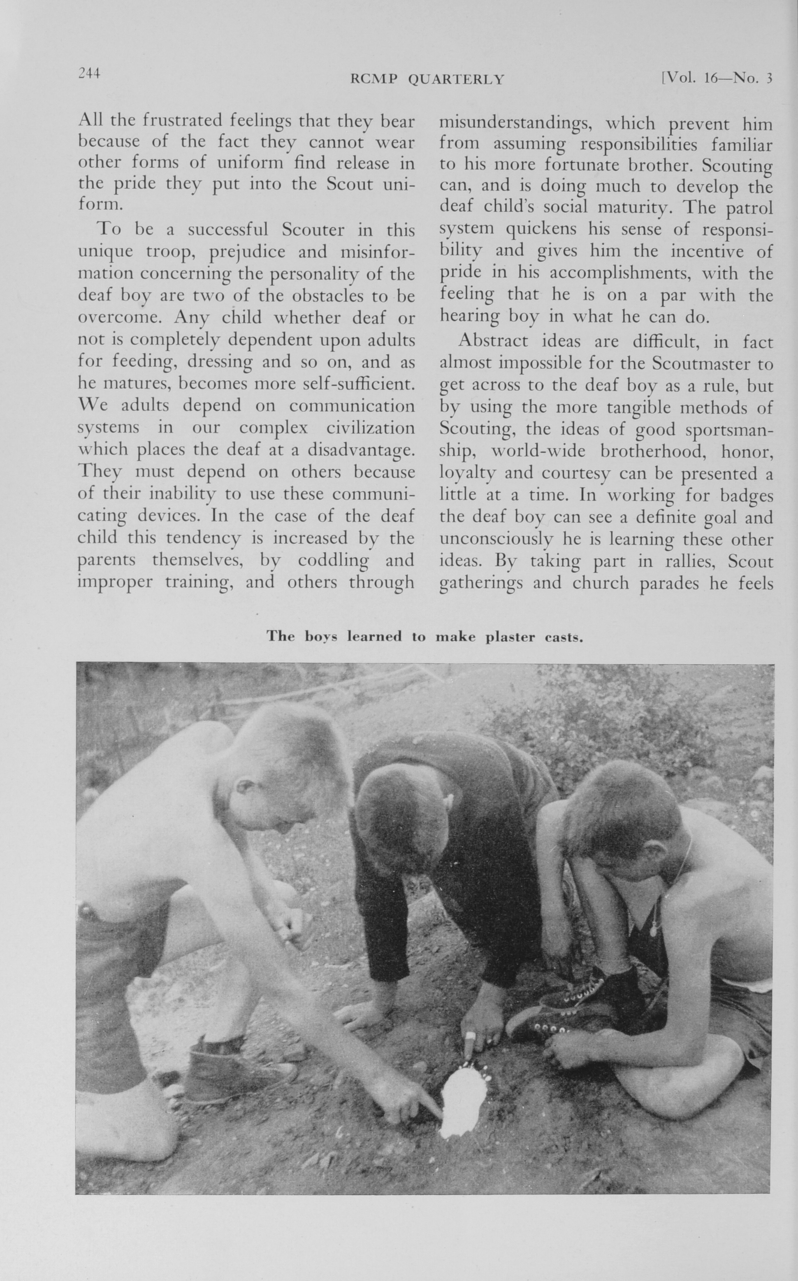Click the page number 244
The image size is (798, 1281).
[x=89, y=73]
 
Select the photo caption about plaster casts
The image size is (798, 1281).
[x=424, y=636]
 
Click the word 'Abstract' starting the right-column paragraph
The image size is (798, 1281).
[x=492, y=341]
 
